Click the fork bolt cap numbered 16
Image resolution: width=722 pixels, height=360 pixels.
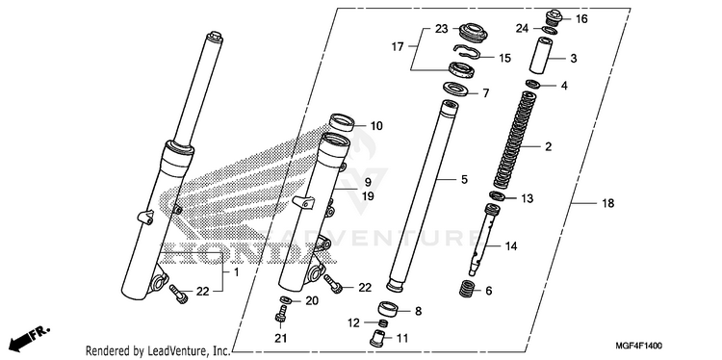[553, 18]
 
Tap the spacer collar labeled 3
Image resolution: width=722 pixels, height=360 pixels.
[540, 56]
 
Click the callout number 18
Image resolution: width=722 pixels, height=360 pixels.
[607, 203]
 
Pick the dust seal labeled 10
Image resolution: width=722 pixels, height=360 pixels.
[342, 123]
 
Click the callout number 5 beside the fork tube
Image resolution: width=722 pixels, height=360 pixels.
[464, 179]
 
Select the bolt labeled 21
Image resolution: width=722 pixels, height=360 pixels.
[280, 313]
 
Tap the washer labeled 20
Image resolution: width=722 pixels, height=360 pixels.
[286, 300]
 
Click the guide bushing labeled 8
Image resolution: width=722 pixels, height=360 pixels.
[389, 310]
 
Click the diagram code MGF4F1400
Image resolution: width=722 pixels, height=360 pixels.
[639, 345]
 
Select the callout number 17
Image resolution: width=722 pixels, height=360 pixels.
[398, 46]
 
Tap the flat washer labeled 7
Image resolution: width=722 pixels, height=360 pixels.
[453, 88]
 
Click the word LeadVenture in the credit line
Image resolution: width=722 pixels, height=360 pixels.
[175, 350]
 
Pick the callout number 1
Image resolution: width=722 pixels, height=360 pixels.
[236, 272]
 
